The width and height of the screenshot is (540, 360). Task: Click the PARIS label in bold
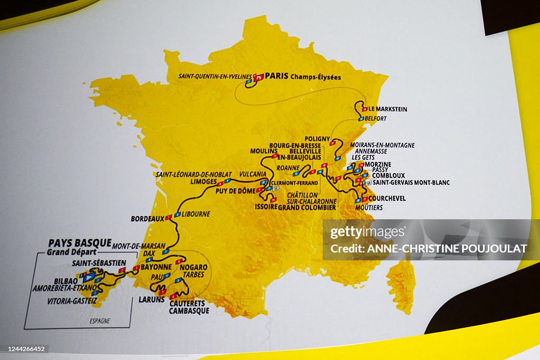(x=276, y=76)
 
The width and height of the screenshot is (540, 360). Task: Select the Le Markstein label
(x=388, y=109)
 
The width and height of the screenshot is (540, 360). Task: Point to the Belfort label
(x=376, y=119)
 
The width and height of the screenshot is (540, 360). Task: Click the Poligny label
(x=317, y=138)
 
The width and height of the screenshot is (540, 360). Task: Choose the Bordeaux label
(x=148, y=218)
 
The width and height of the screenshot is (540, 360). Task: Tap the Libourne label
(x=196, y=214)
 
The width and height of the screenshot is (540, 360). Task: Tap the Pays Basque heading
(x=80, y=243)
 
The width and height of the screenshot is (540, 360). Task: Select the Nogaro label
(x=194, y=267)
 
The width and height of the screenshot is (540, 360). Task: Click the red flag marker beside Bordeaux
(x=168, y=217)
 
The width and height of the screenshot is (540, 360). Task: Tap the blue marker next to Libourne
(x=178, y=215)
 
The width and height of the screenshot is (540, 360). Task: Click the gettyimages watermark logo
(x=368, y=232)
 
